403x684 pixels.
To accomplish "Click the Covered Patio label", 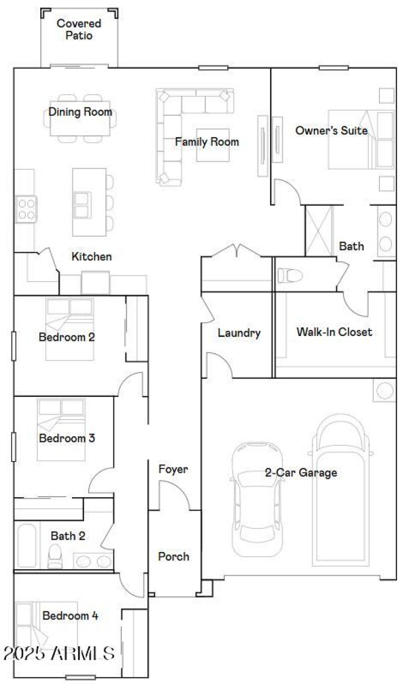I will (x=79, y=30).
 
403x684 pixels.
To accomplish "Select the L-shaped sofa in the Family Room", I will (x=171, y=126).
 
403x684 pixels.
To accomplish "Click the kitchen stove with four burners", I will (x=26, y=209).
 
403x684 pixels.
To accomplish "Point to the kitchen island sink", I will (x=83, y=204).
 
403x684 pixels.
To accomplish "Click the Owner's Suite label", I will (x=331, y=131).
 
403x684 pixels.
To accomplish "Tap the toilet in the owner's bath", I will (x=290, y=276).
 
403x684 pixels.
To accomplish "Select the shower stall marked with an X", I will (x=319, y=230).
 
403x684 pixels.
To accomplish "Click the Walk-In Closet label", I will (x=334, y=332).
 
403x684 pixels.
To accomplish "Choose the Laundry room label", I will (x=239, y=333).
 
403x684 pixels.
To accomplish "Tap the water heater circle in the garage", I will (x=385, y=391).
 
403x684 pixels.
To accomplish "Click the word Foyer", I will (x=173, y=469).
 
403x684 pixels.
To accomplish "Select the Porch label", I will (x=174, y=557).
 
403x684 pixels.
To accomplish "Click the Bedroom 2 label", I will (x=66, y=337).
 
